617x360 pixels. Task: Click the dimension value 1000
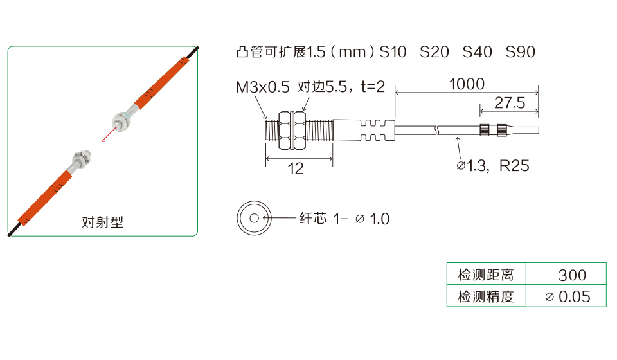467,84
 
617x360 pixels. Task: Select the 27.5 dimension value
510,103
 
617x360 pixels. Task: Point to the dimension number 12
296,168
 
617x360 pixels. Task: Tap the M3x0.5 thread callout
262,87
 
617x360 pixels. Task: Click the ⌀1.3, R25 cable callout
493,166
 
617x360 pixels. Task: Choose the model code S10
393,52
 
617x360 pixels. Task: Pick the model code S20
434,52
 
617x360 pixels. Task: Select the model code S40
477,52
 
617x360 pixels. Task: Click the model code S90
520,52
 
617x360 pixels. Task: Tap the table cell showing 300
566,274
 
